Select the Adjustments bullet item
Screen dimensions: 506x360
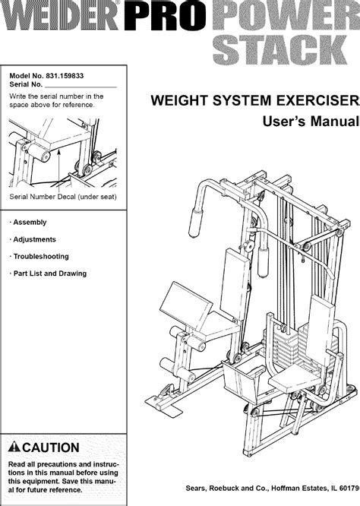(x=35, y=239)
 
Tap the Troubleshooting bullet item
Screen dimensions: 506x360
(x=41, y=257)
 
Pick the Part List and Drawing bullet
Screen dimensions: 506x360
(x=49, y=274)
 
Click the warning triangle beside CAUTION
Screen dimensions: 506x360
(x=15, y=447)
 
